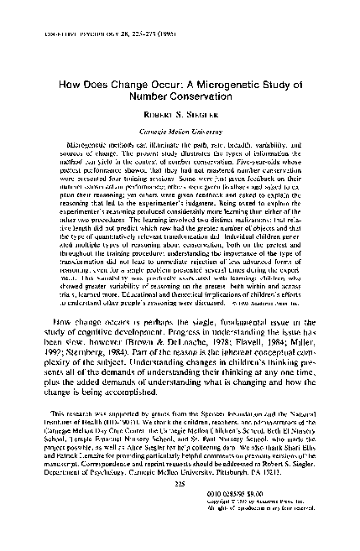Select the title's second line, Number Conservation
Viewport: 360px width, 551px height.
click(179, 98)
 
